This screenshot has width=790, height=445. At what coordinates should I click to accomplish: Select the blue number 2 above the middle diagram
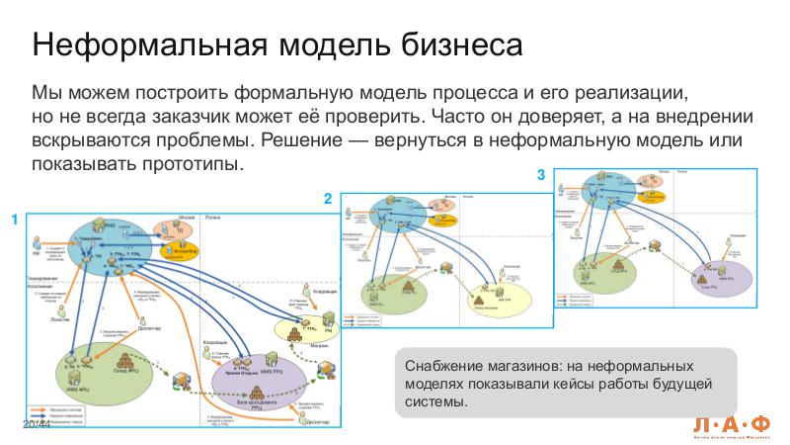328,199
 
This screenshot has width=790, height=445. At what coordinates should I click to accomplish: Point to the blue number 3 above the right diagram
540,175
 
